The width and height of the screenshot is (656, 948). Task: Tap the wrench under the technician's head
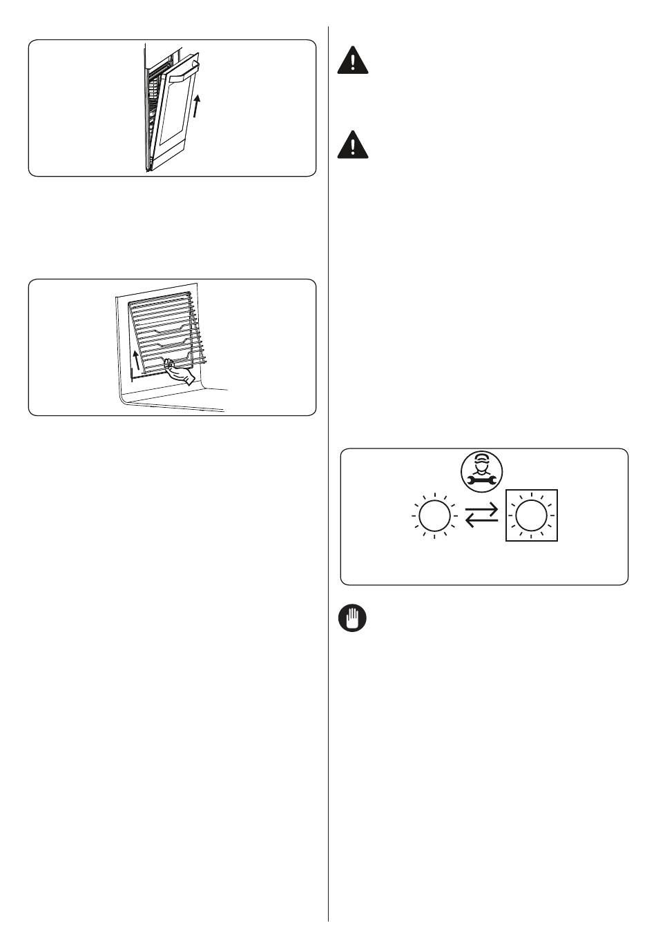tap(482, 478)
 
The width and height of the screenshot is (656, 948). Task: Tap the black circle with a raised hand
tap(352, 618)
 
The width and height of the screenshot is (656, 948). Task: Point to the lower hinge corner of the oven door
tap(148, 168)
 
